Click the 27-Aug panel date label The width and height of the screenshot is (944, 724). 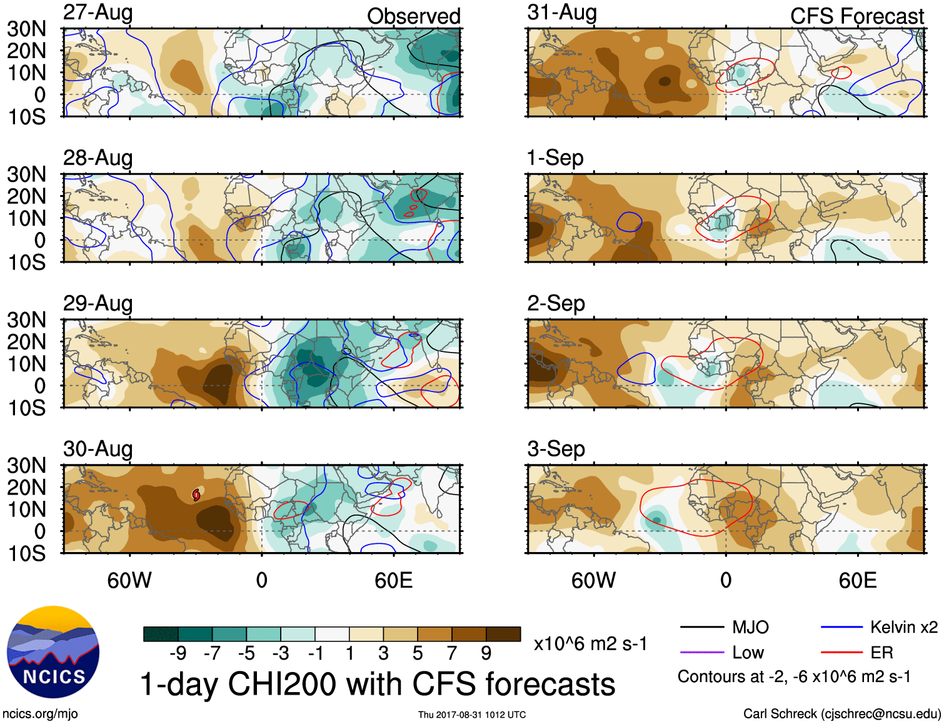98,13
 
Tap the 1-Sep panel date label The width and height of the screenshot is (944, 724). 555,158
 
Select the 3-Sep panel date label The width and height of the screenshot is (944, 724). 556,448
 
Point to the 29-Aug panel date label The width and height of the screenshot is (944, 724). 98,303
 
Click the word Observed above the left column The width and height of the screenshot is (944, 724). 413,16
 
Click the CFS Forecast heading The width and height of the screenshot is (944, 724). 856,16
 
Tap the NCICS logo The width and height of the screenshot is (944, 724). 53,651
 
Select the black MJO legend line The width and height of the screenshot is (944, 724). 701,627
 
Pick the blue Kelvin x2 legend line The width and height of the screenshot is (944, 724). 841,627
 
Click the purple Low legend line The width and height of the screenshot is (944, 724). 701,652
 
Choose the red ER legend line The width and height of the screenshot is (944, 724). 841,652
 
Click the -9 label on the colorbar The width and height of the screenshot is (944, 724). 178,653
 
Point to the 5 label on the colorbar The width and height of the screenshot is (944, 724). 417,653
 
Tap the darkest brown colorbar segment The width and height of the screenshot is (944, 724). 503,634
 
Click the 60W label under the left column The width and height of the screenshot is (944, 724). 129,580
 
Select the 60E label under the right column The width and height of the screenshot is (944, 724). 857,580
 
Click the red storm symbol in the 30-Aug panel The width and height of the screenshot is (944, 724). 196,495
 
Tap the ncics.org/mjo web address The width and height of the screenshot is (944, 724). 40,713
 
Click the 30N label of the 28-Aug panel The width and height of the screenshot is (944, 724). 27,174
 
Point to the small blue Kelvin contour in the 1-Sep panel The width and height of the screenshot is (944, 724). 630,221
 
